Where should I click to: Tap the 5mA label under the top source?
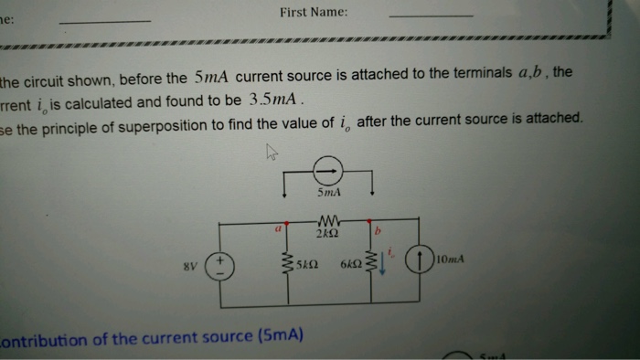click(328, 195)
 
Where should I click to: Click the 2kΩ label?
click(327, 234)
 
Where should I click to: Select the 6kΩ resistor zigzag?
click(371, 264)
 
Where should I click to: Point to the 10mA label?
click(453, 259)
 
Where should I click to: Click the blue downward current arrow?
click(383, 265)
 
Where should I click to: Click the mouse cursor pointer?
click(272, 154)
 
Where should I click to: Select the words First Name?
click(314, 14)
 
